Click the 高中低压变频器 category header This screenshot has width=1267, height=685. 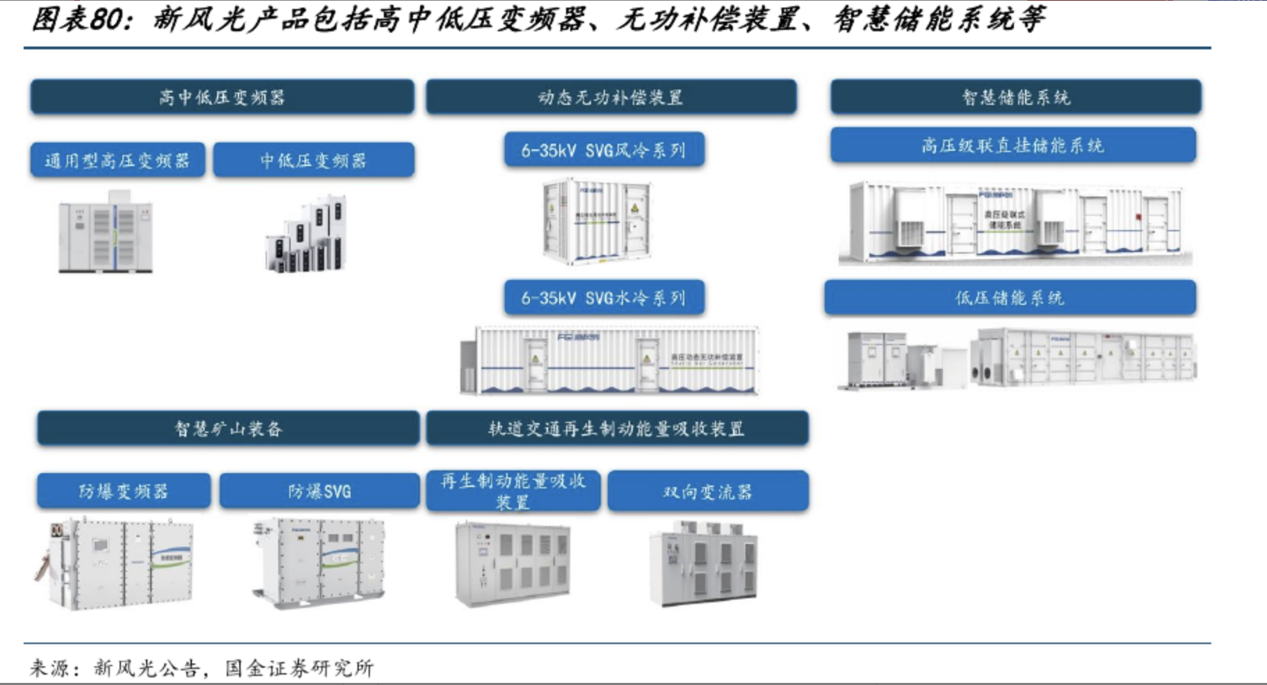coord(222,97)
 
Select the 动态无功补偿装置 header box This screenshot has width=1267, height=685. coord(611,97)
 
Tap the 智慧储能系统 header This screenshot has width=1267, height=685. coord(1015,97)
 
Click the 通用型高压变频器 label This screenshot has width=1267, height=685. coord(118,160)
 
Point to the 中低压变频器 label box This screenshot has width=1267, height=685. coord(314,160)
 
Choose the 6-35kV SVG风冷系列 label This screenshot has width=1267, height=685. coord(604,150)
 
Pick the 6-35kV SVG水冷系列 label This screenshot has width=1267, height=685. coord(604,298)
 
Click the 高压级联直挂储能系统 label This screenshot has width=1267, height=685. coord(1012,145)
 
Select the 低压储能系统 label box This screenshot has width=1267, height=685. coord(1010,298)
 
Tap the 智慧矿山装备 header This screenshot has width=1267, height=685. coord(228,429)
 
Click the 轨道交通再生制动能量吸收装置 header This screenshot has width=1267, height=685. coord(617,429)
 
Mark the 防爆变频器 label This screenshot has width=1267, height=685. coord(124,491)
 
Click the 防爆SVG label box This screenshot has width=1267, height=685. coord(319,491)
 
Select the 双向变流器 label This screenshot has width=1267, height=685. coord(708,492)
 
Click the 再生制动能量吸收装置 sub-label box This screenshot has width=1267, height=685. coord(513,491)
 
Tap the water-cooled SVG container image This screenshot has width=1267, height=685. coord(609,360)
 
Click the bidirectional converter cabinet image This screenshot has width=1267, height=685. coord(703,564)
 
